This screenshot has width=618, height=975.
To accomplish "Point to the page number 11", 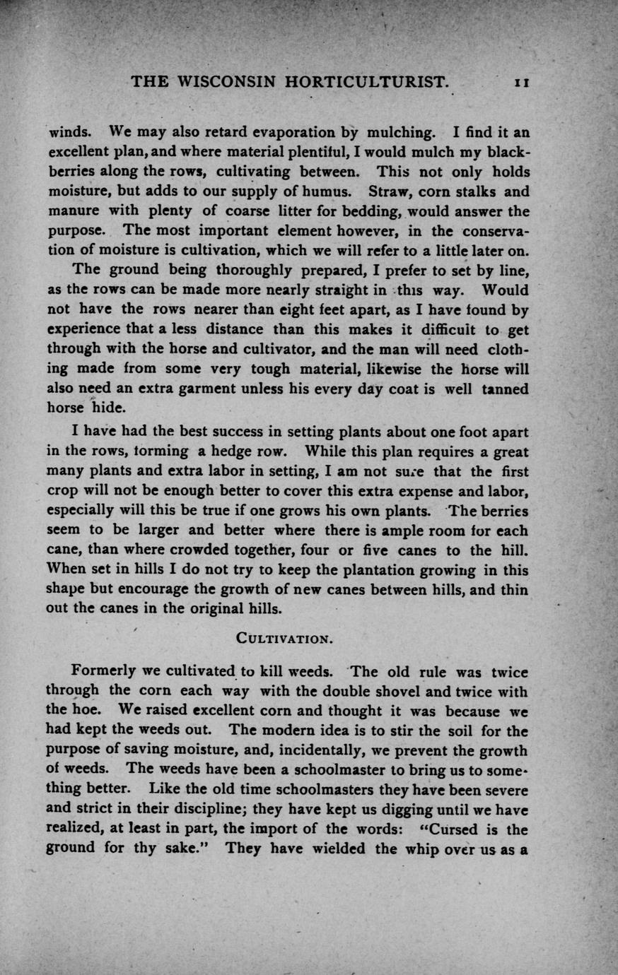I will coord(522,82).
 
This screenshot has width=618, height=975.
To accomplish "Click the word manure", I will coord(72,211).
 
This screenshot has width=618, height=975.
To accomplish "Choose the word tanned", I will coord(505,389).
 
